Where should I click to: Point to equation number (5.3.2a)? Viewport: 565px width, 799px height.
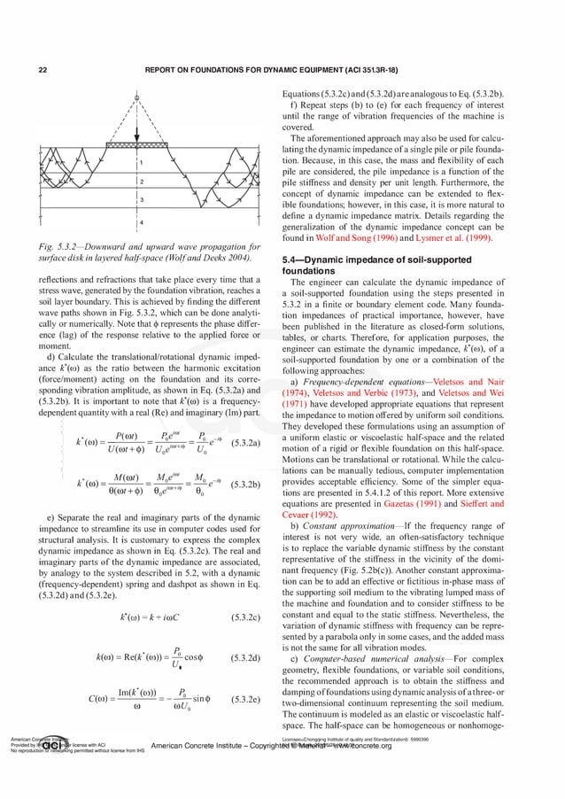tap(245, 440)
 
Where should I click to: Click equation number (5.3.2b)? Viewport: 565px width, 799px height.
tap(245, 485)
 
